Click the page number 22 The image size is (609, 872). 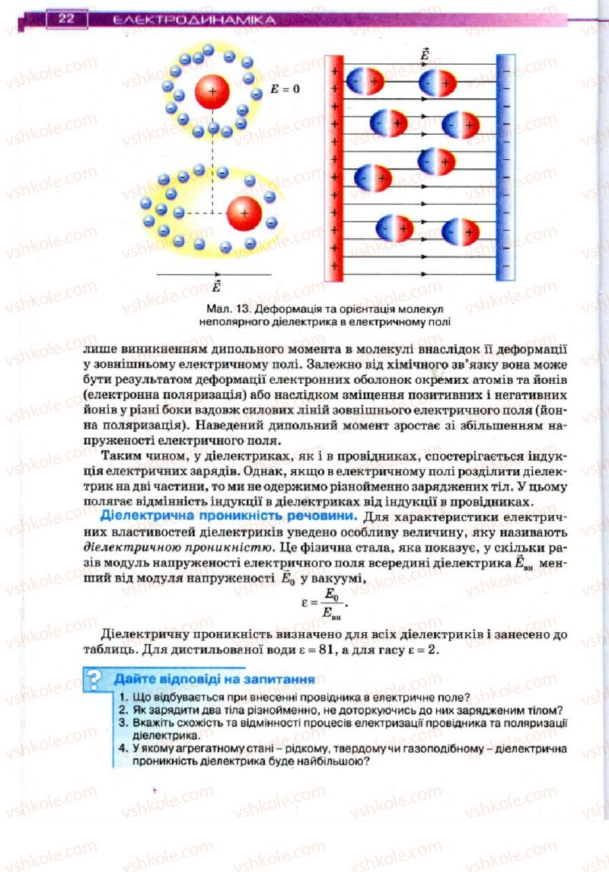pos(65,19)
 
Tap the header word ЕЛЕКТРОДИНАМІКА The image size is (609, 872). pos(194,21)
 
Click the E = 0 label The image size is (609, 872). pos(285,89)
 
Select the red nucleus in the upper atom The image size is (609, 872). pos(212,91)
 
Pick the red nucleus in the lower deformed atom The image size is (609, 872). pos(244,213)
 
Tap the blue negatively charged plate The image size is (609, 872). pos(505,168)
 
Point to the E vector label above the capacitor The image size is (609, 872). pos(424,55)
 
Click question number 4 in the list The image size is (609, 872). pos(123,750)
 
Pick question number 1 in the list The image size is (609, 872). pos(123,697)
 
